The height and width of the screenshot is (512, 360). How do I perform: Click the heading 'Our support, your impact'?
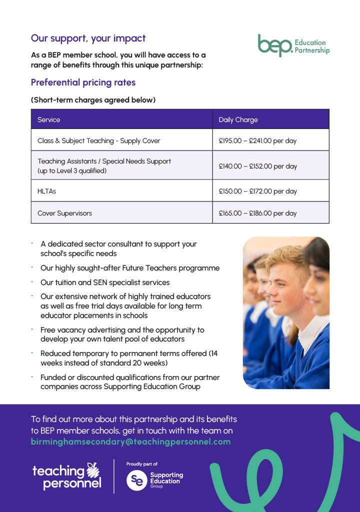click(x=88, y=38)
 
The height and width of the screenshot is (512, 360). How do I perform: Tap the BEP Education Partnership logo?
click(x=293, y=45)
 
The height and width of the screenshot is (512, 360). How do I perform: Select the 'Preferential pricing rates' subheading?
click(x=83, y=82)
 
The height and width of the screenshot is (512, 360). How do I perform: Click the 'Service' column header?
click(x=49, y=120)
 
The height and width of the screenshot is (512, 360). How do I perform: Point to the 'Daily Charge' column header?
click(x=238, y=120)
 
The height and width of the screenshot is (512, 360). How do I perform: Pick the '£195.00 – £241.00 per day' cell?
click(x=257, y=141)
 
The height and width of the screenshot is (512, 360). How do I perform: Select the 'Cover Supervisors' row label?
click(x=65, y=213)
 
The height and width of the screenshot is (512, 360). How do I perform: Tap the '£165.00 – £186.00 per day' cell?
click(x=257, y=213)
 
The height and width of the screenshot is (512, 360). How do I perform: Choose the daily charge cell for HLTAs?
click(x=257, y=191)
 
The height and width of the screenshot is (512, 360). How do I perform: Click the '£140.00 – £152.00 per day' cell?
click(x=257, y=165)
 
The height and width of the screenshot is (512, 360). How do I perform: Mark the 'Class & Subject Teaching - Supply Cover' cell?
click(x=99, y=141)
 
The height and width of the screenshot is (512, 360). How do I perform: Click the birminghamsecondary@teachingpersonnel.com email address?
click(x=131, y=442)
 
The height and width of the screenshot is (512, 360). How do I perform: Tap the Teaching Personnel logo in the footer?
click(x=66, y=476)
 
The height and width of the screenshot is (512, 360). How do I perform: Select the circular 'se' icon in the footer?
click(x=136, y=480)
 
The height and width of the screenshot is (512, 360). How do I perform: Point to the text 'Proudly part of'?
click(x=142, y=464)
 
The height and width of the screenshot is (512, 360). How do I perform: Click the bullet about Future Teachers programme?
click(x=130, y=268)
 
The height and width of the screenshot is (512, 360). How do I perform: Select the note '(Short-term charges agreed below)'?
click(x=93, y=100)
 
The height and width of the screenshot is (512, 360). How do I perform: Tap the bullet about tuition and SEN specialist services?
click(x=105, y=282)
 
